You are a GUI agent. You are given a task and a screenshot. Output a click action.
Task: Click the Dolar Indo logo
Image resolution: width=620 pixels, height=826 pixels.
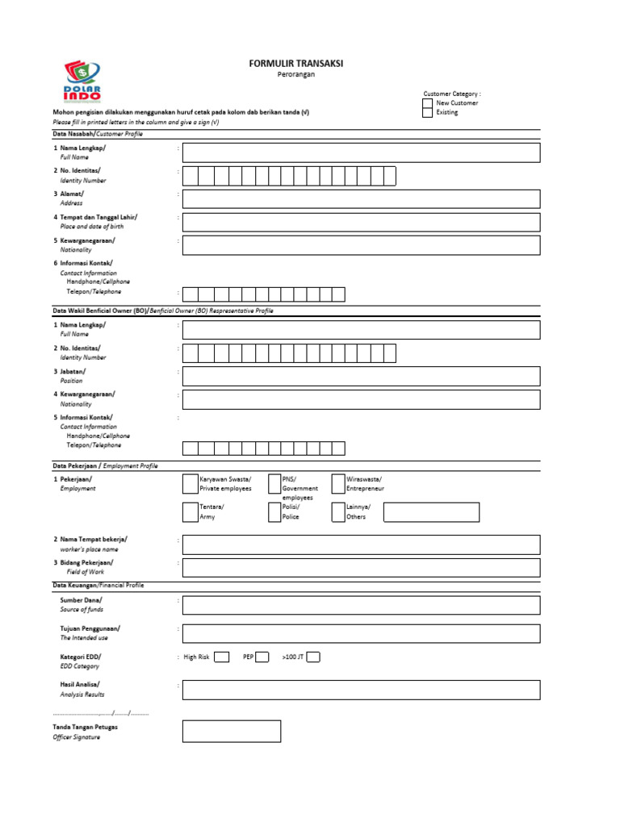pyautogui.click(x=82, y=84)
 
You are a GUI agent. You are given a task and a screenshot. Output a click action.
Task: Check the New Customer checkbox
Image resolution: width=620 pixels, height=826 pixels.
pyautogui.click(x=428, y=103)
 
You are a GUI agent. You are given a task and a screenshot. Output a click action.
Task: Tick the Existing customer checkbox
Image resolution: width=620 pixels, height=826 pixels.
pyautogui.click(x=428, y=113)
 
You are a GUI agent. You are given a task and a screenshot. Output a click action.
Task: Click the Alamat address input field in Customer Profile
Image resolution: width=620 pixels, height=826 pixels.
pyautogui.click(x=361, y=198)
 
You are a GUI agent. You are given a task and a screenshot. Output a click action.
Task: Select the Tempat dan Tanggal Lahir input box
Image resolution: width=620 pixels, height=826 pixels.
pyautogui.click(x=361, y=222)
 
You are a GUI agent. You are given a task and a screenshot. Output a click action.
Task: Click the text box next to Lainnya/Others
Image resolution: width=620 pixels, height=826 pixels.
pyautogui.click(x=431, y=512)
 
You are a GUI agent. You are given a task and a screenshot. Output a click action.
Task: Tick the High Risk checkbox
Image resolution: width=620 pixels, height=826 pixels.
pyautogui.click(x=221, y=657)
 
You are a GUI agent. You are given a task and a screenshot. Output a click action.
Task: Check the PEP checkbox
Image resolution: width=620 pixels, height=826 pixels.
pyautogui.click(x=262, y=657)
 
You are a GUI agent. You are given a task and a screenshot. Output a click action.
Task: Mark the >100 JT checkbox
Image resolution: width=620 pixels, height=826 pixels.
pyautogui.click(x=313, y=657)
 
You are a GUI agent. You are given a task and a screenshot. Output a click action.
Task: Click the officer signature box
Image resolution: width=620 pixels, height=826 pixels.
pyautogui.click(x=232, y=731)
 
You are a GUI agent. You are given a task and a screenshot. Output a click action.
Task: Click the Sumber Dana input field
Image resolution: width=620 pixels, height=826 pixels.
pyautogui.click(x=361, y=605)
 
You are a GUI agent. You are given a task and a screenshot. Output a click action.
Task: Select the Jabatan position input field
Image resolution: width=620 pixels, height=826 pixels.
pyautogui.click(x=361, y=376)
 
